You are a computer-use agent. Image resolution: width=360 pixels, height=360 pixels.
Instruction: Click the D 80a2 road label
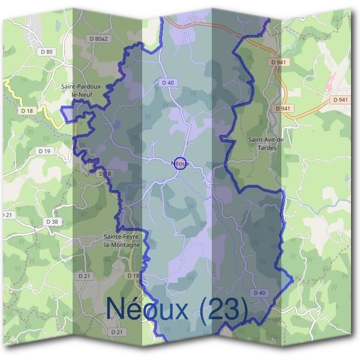[x=97, y=38]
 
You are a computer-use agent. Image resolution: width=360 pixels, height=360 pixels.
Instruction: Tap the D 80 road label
[x=46, y=52]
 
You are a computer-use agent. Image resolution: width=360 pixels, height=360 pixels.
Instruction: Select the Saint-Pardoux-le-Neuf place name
[x=82, y=90]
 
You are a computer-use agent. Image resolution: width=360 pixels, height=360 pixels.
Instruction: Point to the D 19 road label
[x=43, y=151]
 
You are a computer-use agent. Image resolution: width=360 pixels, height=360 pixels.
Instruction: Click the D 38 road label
[x=52, y=221]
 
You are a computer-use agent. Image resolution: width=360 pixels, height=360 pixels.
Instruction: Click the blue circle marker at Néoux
[x=179, y=163]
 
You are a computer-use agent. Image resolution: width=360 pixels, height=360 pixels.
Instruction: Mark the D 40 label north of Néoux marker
[x=167, y=82]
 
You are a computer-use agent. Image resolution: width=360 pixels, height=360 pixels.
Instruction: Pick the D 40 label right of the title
[x=259, y=292]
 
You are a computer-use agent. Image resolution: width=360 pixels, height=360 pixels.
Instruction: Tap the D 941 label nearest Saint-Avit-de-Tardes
[x=283, y=108]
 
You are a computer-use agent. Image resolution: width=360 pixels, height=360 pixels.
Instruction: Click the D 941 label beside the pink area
[x=340, y=100]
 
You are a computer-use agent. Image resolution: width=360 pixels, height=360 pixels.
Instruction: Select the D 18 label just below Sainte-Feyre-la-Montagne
[x=133, y=275]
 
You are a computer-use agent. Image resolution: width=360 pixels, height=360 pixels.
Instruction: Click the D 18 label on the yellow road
[x=26, y=110]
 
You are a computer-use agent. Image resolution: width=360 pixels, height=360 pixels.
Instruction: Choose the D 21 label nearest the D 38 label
[x=6, y=214]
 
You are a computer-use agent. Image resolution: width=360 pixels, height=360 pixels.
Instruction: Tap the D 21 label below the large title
[x=116, y=332]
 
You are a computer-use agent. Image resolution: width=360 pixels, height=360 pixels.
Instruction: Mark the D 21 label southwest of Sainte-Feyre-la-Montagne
[x=84, y=275]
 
